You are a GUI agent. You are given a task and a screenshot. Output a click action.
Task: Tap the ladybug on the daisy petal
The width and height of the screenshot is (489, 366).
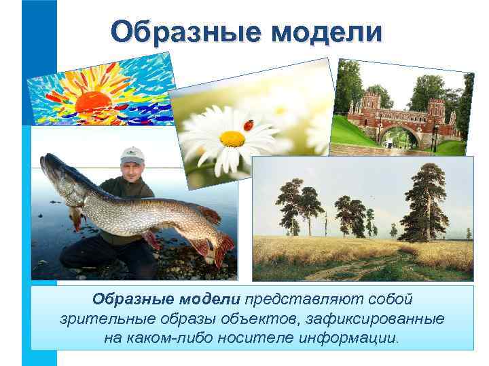click(249, 125)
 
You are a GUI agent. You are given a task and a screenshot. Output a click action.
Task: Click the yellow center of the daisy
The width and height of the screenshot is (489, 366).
click(232, 138)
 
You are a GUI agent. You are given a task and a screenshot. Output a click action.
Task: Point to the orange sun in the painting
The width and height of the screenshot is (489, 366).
click(93, 102)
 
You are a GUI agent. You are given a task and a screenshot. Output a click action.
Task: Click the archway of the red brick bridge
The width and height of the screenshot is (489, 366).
click(393, 136)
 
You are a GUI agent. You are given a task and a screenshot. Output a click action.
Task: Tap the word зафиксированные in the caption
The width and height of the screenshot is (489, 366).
click(380, 319)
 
